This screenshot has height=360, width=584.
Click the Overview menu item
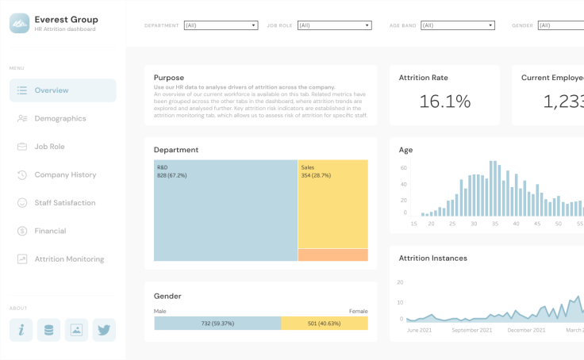62,90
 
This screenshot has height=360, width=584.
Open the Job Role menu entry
49,147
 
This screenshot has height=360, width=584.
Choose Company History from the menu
65,174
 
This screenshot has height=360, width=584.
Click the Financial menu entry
50,231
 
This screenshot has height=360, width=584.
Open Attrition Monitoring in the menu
68,259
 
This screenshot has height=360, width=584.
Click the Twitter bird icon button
104,330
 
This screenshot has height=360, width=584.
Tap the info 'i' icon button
21,330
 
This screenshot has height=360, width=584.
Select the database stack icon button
48,330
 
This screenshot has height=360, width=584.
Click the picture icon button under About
76,330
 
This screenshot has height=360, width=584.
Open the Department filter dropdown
221,25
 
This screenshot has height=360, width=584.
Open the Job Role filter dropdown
334,25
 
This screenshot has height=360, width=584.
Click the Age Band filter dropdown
457,25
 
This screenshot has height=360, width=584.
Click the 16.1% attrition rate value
444,101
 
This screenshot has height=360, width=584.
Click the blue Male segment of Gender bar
217,323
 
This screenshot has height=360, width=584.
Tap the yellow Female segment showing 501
324,323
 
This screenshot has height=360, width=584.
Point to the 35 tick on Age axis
494,224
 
